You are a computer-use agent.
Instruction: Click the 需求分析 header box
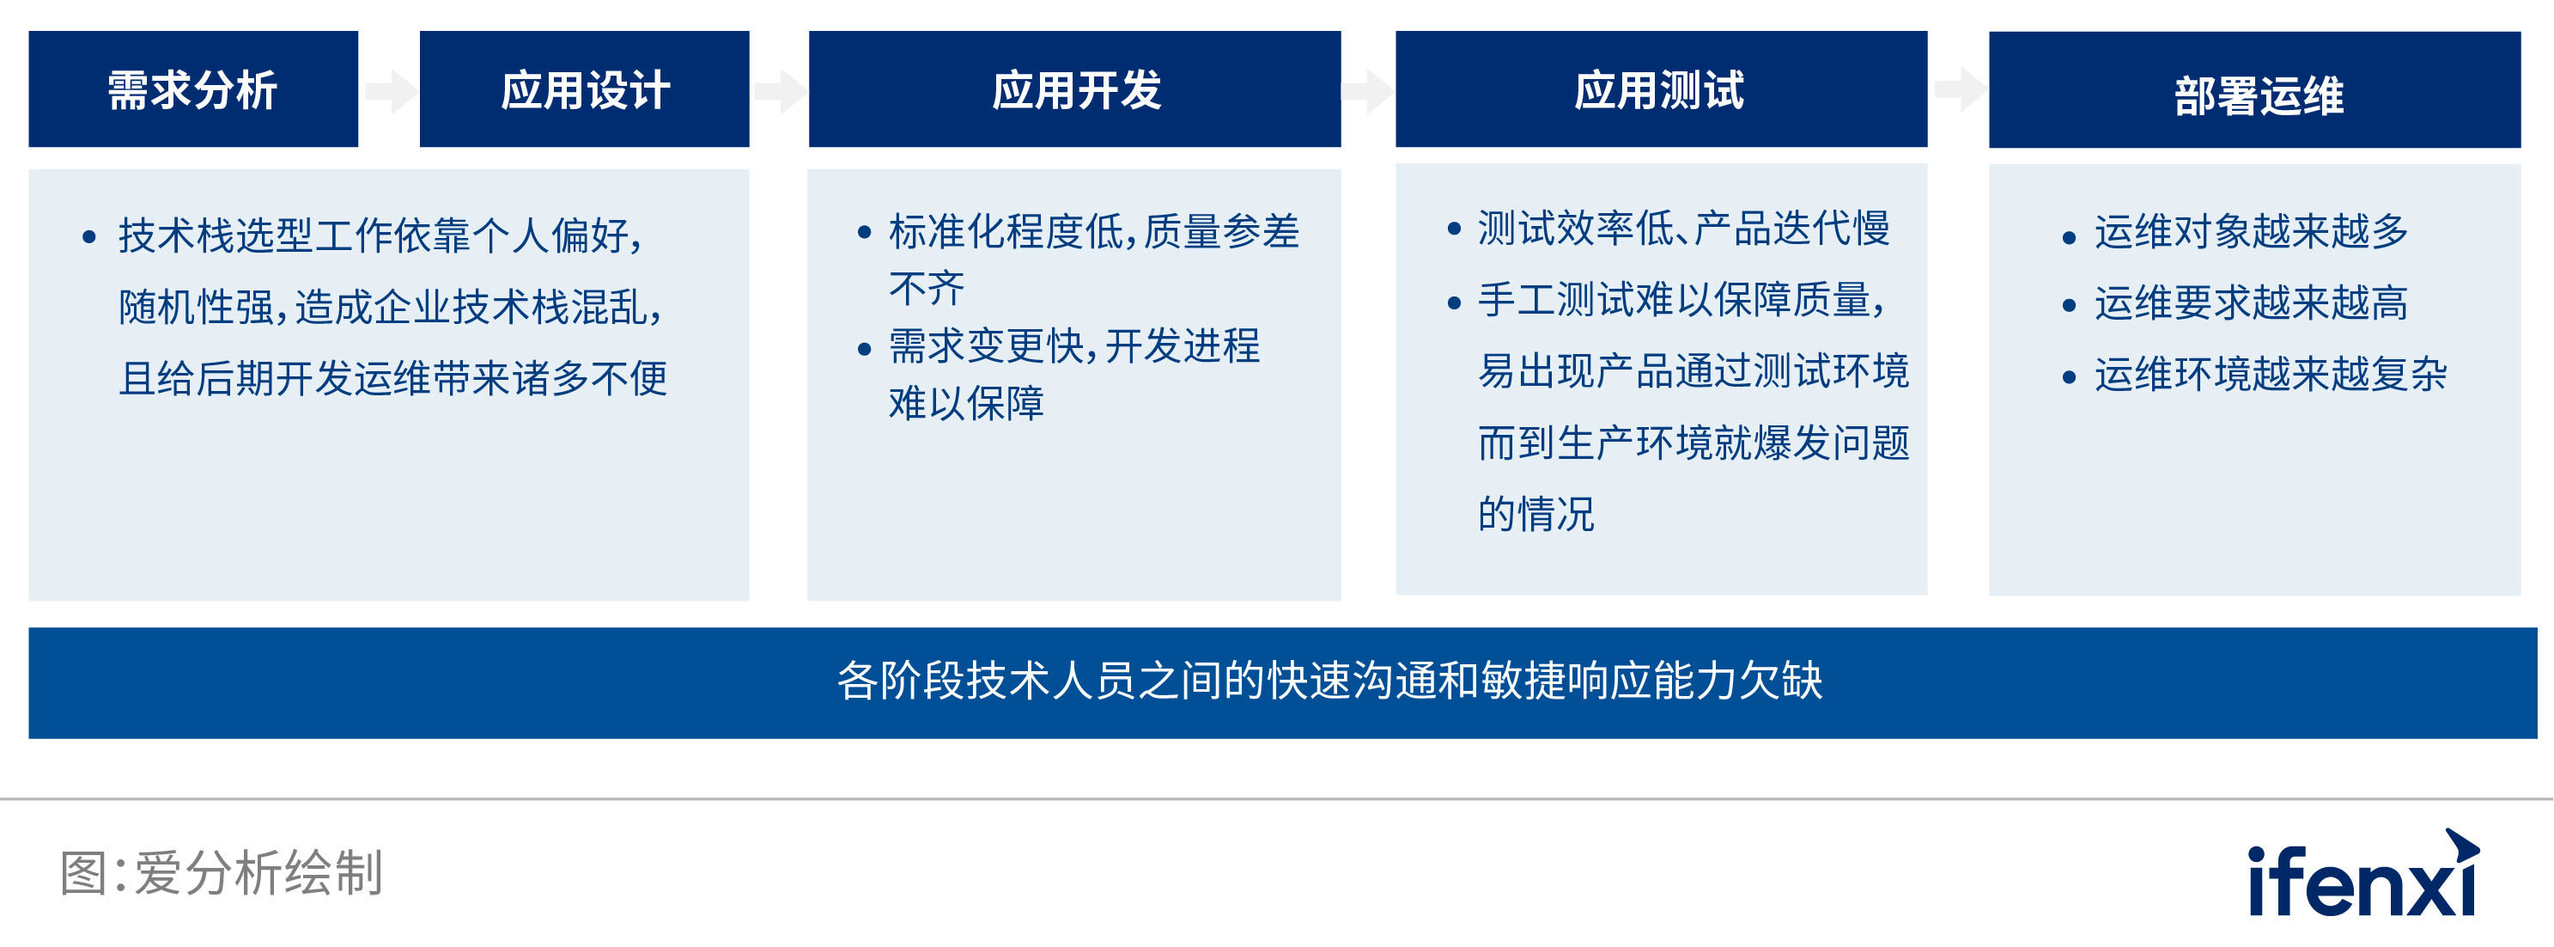(193, 89)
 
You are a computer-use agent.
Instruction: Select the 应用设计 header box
(584, 89)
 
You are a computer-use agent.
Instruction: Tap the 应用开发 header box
(1074, 89)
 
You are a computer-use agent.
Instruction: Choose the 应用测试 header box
(1662, 89)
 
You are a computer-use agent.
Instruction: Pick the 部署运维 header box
(2254, 90)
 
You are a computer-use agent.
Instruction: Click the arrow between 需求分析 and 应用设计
(391, 91)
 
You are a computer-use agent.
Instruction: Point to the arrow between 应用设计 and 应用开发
(781, 91)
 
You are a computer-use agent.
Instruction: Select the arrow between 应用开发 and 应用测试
(1368, 91)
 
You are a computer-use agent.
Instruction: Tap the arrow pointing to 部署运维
(1960, 89)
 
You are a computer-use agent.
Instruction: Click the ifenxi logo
(2362, 874)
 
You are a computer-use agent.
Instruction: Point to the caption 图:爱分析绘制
(221, 872)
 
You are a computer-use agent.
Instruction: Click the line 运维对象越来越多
(2252, 231)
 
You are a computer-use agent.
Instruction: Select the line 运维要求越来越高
(2252, 302)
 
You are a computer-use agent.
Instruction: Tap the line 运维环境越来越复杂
(2271, 374)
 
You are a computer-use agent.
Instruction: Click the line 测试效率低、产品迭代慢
(1683, 228)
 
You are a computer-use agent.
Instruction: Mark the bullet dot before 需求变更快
(865, 349)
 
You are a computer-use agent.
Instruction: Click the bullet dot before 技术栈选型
(89, 237)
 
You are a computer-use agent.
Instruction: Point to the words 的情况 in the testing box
(1536, 514)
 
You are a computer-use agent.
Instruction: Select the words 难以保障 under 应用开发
(967, 402)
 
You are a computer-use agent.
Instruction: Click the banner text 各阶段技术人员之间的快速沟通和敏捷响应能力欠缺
(1329, 681)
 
